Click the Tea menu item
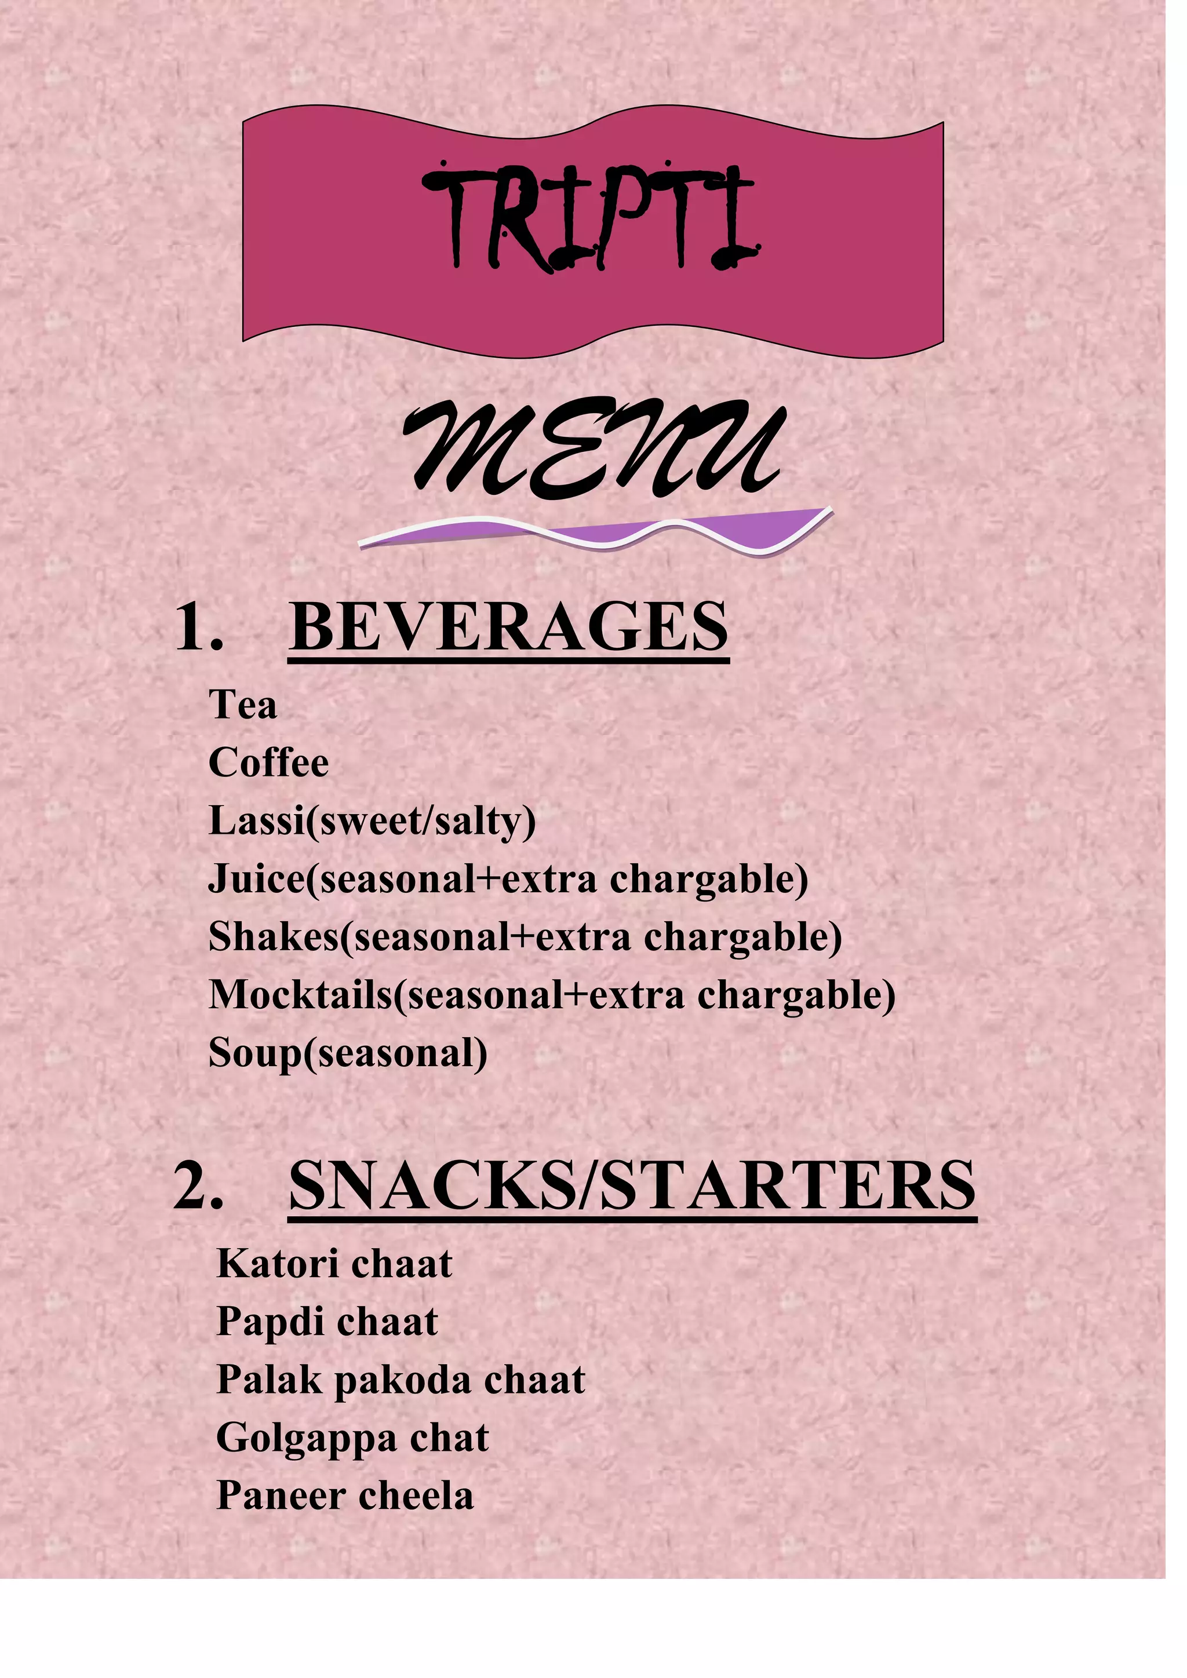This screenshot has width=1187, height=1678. click(243, 705)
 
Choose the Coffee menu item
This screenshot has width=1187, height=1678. click(268, 763)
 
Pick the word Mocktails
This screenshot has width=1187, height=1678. click(300, 995)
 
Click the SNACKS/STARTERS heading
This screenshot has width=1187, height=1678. click(632, 1185)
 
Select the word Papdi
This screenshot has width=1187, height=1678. click(270, 1322)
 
